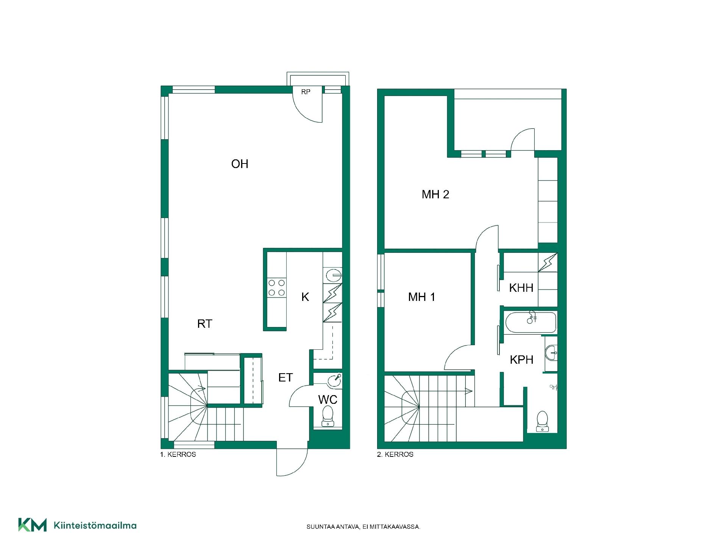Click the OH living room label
click(240, 164)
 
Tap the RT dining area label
click(205, 324)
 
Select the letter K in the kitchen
click(305, 297)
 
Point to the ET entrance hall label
click(285, 377)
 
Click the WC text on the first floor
click(328, 400)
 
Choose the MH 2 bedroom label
click(435, 195)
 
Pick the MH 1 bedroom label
click(422, 297)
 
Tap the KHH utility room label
click(521, 288)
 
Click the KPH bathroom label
click(521, 360)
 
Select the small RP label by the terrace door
click(306, 92)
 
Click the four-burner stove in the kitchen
click(277, 288)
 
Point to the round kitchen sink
click(333, 275)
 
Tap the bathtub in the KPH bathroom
click(531, 322)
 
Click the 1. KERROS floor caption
click(178, 455)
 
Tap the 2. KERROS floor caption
click(395, 455)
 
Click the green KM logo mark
click(33, 525)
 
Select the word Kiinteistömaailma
click(95, 525)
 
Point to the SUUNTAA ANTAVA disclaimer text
click(363, 527)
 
